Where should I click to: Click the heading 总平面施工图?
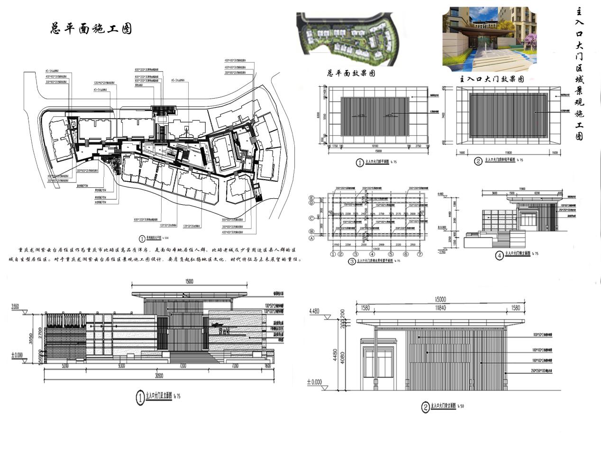click(x=91, y=28)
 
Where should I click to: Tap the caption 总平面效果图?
click(x=351, y=74)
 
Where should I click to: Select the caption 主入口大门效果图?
click(x=492, y=79)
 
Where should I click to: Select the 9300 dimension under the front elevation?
click(x=122, y=366)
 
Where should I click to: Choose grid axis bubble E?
click(x=311, y=197)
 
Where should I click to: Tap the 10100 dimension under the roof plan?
click(x=373, y=147)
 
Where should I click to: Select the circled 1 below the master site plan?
click(x=141, y=239)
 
